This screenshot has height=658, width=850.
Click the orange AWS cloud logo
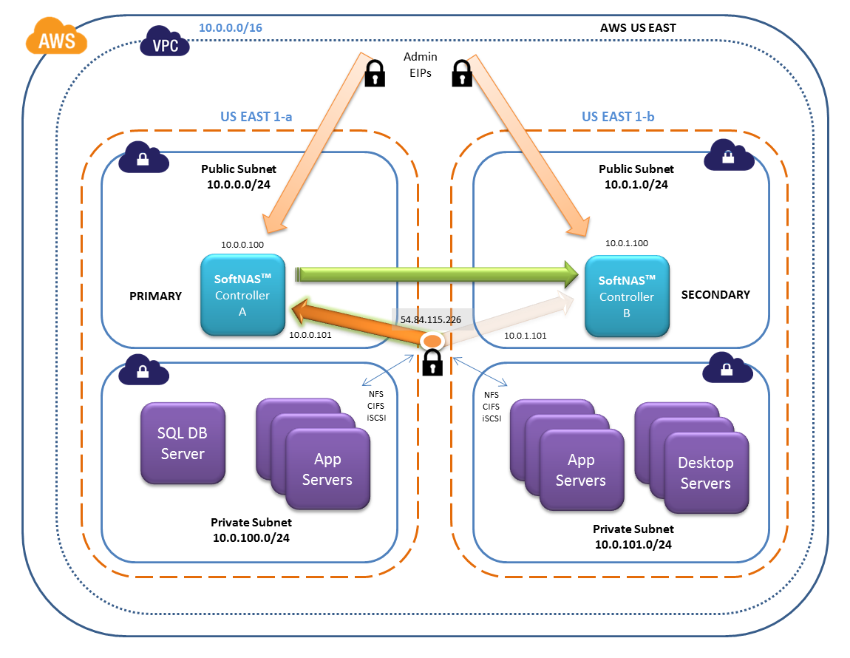56,36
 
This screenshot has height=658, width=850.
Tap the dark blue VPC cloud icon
165,41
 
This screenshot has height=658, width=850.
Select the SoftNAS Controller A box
243,294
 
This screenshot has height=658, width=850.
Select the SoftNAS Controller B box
627,296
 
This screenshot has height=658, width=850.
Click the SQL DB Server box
183,443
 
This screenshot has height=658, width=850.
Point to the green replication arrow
437,274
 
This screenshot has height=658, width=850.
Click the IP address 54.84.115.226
430,319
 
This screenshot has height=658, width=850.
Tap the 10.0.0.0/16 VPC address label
231,27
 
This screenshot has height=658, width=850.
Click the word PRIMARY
155,296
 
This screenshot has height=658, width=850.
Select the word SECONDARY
715,294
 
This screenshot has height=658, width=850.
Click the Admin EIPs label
420,64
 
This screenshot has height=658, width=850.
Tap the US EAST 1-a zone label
256,117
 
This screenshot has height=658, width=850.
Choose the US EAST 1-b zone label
618,117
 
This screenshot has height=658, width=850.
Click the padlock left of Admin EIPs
375,73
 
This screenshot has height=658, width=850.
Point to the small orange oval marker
432,342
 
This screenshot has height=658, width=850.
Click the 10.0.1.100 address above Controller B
627,243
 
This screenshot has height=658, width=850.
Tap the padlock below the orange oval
432,362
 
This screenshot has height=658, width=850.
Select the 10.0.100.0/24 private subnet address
251,538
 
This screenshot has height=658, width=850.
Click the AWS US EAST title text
638,27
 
